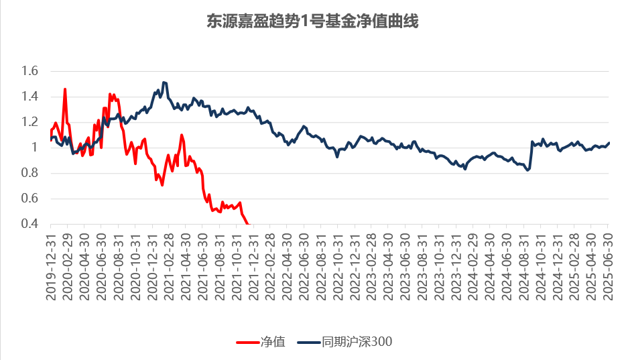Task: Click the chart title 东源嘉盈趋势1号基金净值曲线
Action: [x=312, y=22]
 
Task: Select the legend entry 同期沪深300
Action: [x=356, y=342]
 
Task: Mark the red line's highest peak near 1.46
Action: [x=65, y=89]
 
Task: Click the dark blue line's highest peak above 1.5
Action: [x=164, y=82]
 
